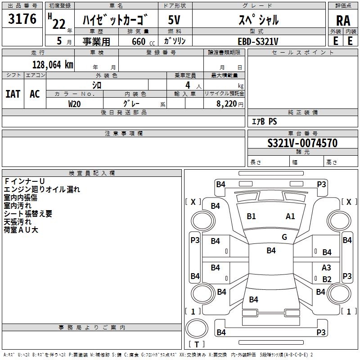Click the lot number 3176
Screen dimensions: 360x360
tap(22, 19)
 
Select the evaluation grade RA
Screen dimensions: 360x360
tap(343, 21)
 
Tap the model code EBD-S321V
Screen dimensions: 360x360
tap(258, 41)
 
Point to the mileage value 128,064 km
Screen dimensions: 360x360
tap(53, 64)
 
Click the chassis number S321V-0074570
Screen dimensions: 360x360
tap(302, 144)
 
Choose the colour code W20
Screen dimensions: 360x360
tap(75, 103)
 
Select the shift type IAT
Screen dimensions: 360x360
tap(13, 94)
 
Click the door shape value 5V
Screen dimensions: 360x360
tap(175, 20)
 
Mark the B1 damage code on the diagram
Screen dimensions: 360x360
tap(251, 216)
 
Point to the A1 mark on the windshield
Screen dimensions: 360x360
tap(290, 216)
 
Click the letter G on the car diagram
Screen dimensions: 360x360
tap(284, 237)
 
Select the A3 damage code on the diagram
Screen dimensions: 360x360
tap(326, 268)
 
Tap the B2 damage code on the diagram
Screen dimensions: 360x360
tap(327, 279)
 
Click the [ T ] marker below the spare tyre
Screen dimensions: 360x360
tap(197, 344)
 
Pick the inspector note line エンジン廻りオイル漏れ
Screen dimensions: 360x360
tap(42, 189)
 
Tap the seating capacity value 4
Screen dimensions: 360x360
tap(187, 85)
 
